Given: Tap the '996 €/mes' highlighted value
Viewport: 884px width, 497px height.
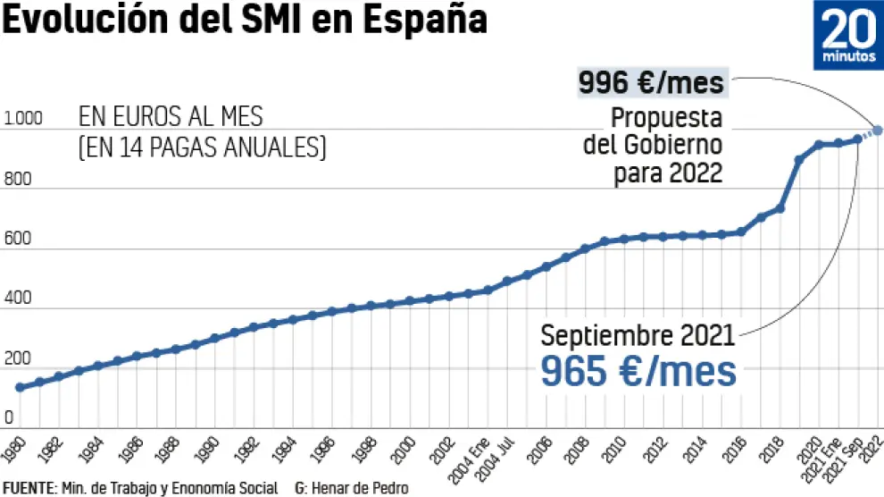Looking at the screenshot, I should [650, 83].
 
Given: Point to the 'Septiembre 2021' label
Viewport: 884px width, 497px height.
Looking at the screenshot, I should [638, 336].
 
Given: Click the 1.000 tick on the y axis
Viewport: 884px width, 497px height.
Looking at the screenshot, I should [23, 118].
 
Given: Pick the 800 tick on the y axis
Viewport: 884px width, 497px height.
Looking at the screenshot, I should [18, 179].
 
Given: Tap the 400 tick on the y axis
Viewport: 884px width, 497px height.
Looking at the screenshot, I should [18, 299].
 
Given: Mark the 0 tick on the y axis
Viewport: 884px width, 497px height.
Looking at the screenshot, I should [8, 417].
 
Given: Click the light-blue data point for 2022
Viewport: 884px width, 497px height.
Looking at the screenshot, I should [878, 130].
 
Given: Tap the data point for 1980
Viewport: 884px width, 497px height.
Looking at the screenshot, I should [20, 387].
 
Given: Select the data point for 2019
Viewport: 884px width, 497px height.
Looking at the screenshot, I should [799, 160].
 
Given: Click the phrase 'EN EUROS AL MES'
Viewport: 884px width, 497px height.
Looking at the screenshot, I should [171, 117].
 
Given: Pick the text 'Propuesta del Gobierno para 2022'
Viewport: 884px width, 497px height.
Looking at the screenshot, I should [654, 144].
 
